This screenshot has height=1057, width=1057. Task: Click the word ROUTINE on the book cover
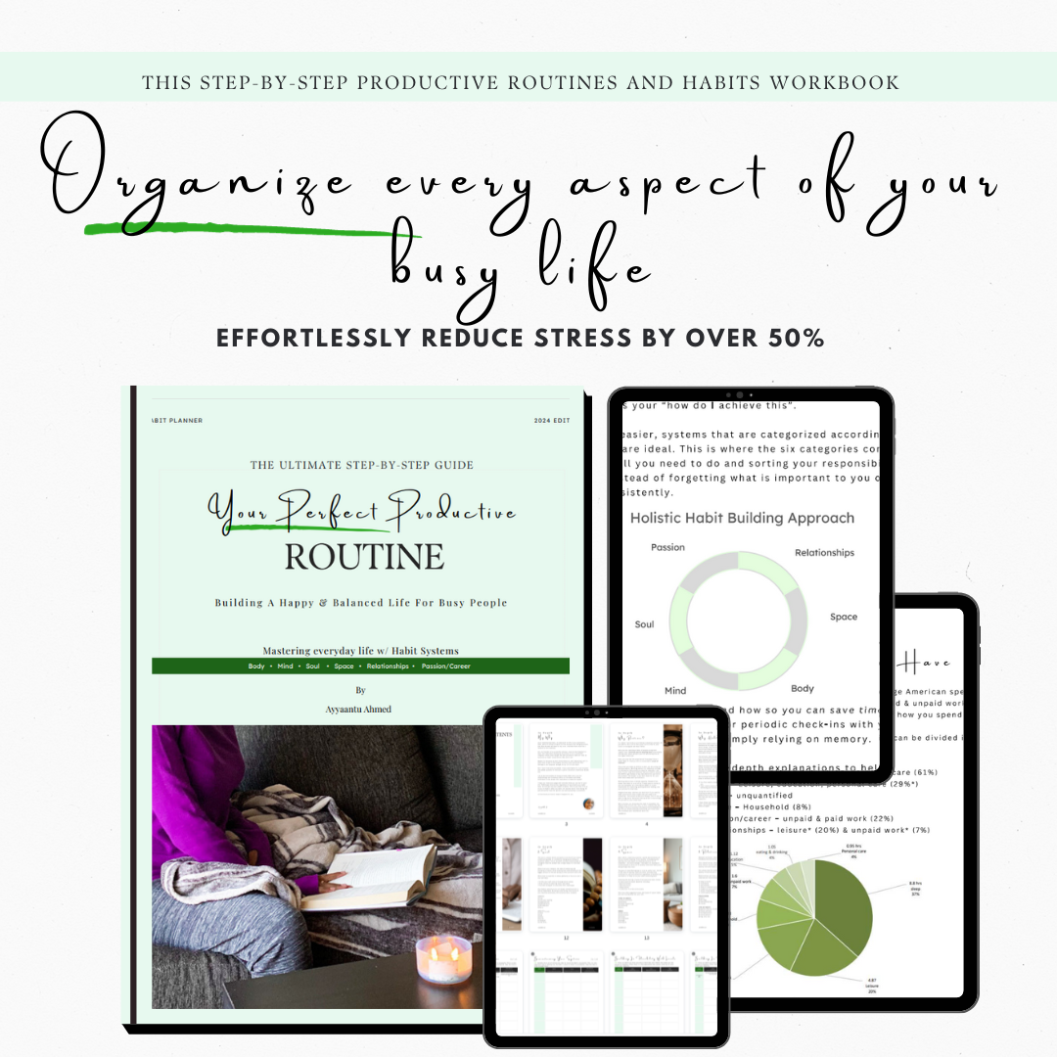[x=364, y=558]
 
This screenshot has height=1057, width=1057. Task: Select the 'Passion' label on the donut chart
[x=667, y=547]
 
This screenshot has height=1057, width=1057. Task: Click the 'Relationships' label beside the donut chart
[x=824, y=553]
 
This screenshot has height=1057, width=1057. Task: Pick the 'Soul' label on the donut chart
[x=644, y=624]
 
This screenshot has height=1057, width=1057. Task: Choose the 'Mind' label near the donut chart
[x=675, y=690]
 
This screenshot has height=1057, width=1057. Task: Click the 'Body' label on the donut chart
[x=803, y=688]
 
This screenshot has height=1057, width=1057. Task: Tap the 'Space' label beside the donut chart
[x=843, y=617]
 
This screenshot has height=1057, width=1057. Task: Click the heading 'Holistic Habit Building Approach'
[x=742, y=518]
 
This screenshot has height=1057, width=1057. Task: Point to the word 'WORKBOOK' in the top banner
[x=834, y=82]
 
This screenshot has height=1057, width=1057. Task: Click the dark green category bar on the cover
[x=360, y=666]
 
